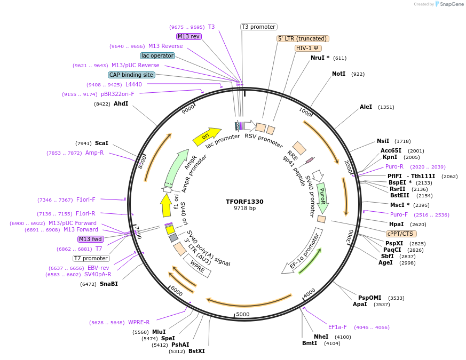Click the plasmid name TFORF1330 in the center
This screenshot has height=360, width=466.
(x=244, y=202)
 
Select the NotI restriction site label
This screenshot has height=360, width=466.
(x=339, y=74)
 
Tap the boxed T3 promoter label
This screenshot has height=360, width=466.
(x=258, y=27)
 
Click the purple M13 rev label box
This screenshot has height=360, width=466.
(x=188, y=36)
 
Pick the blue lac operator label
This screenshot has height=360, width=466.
(x=157, y=55)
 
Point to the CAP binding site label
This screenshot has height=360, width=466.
(x=131, y=75)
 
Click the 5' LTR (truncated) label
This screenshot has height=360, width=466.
(x=303, y=38)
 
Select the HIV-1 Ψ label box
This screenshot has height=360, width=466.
(x=308, y=48)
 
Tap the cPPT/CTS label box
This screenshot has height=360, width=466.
(x=401, y=234)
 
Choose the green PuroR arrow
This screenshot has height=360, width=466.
(x=322, y=197)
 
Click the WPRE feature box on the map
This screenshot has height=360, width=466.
(x=198, y=266)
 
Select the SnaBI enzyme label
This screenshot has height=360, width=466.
(x=108, y=284)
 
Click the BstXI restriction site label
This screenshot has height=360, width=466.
(x=196, y=351)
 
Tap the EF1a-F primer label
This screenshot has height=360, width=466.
(x=337, y=327)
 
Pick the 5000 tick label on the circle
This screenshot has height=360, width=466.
(x=243, y=314)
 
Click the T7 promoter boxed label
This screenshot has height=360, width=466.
(x=91, y=258)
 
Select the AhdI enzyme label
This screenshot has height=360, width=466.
(x=121, y=103)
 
